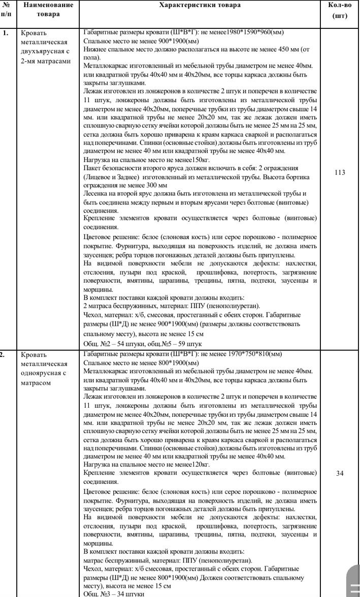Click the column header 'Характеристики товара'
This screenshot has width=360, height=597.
tap(200, 5)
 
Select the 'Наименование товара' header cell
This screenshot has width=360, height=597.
tap(48, 9)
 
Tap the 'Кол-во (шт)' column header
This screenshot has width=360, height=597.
tap(339, 10)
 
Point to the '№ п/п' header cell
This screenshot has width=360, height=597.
tap(8, 9)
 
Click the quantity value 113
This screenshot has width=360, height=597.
tap(340, 173)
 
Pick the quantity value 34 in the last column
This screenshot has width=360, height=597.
tap(340, 473)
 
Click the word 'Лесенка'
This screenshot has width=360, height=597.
tap(96, 194)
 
